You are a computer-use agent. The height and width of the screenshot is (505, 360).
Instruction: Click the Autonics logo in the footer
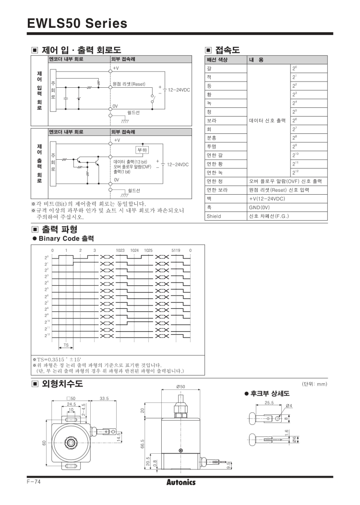[180, 482]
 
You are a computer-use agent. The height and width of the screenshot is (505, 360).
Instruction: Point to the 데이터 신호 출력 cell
[267, 120]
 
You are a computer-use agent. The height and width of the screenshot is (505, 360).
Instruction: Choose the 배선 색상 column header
[217, 60]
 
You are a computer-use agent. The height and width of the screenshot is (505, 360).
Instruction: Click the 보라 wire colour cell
[211, 120]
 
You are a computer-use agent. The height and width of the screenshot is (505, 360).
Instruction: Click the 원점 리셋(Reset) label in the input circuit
[129, 84]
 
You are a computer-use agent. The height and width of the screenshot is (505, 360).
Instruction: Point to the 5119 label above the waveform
[176, 250]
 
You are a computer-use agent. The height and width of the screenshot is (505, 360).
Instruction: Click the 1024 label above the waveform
[134, 250]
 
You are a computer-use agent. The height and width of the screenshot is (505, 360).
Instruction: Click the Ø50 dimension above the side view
[181, 387]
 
